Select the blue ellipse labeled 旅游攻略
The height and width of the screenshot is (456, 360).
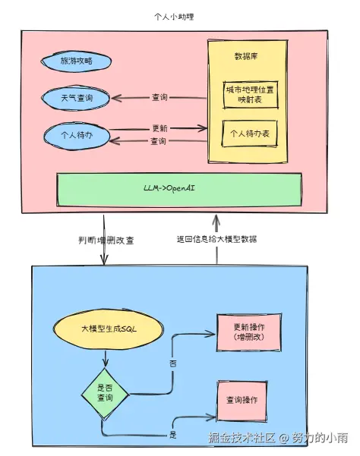pyautogui.click(x=76, y=61)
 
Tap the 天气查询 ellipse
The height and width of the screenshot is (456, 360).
pyautogui.click(x=76, y=98)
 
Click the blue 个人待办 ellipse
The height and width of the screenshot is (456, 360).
pyautogui.click(x=76, y=135)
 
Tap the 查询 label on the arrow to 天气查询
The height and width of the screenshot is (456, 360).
pyautogui.click(x=159, y=98)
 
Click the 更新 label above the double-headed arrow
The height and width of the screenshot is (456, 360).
pyautogui.click(x=159, y=127)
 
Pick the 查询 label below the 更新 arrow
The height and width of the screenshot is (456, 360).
pyautogui.click(x=159, y=142)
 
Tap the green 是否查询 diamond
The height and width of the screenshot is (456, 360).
pyautogui.click(x=106, y=392)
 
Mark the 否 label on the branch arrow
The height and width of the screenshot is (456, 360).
pyautogui.click(x=172, y=363)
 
